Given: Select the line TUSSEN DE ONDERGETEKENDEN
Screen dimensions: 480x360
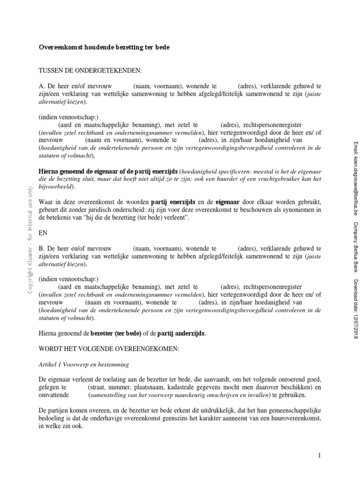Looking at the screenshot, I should pos(90,70).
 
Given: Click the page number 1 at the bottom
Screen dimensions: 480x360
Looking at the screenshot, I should pos(319,455).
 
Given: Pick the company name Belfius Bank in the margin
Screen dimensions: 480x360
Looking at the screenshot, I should pos(354,257).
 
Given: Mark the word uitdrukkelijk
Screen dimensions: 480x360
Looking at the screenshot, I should pos(221,411).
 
